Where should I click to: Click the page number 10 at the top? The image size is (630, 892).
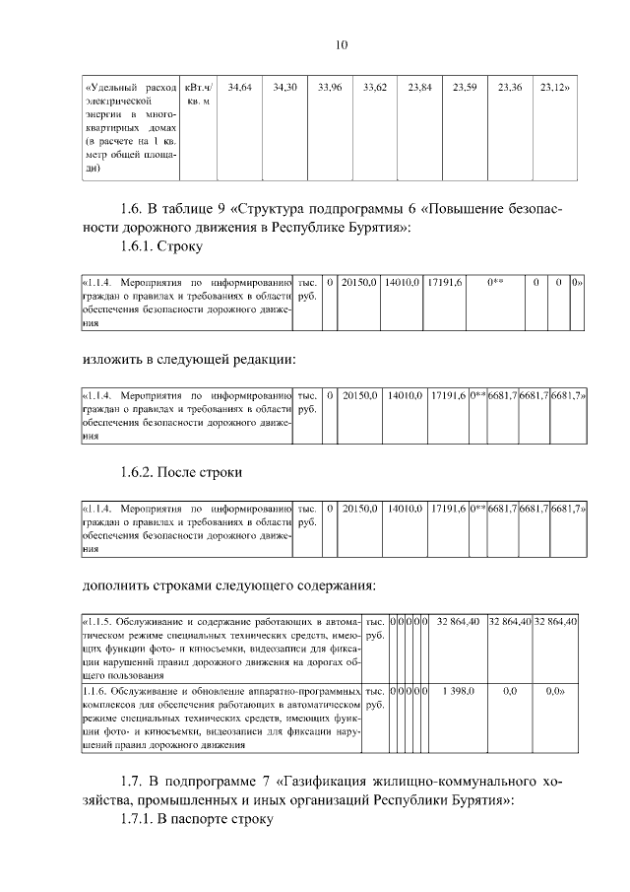pos(342,44)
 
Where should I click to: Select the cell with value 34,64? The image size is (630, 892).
pos(239,88)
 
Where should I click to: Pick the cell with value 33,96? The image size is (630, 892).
pos(330,88)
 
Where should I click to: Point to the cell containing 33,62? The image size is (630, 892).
pos(375,88)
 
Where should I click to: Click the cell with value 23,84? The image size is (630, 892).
pos(419,88)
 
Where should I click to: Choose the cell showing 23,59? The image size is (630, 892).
pos(465,88)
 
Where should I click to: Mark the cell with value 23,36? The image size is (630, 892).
pos(510,88)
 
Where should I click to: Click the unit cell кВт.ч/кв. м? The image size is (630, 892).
pos(198,95)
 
